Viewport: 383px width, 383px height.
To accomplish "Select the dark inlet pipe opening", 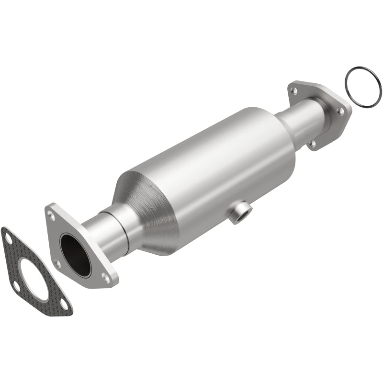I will coord(76,255).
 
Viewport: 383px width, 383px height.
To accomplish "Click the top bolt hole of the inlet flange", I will coord(52,216).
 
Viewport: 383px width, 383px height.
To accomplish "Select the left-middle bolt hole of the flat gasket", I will coord(16,286).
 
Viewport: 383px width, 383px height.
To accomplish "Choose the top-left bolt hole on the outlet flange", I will coord(295,90).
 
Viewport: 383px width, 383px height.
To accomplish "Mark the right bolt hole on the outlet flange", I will coord(340,111).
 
